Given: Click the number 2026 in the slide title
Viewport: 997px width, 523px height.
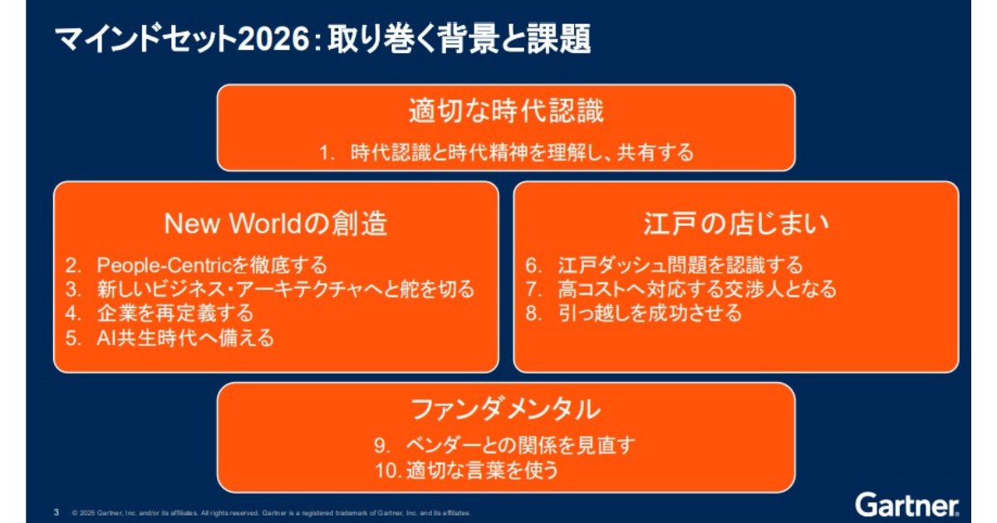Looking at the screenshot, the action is pyautogui.click(x=273, y=39).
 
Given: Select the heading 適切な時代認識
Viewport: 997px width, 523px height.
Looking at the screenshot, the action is pyautogui.click(x=506, y=110).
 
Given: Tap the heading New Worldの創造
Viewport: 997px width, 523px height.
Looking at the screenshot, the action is pyautogui.click(x=276, y=223).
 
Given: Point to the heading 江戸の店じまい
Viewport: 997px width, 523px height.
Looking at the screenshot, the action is pyautogui.click(x=736, y=223).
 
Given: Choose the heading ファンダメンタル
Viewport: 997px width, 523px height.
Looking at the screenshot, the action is pyautogui.click(x=506, y=409).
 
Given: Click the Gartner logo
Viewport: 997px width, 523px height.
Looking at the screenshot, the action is pyautogui.click(x=906, y=506).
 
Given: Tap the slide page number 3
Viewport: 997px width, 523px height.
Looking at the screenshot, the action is pyautogui.click(x=56, y=512).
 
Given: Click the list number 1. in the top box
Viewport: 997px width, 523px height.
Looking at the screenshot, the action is pyautogui.click(x=327, y=154).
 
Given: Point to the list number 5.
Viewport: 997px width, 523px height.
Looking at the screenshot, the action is pyautogui.click(x=73, y=339).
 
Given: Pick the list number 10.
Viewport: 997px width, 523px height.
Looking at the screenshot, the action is pyautogui.click(x=389, y=471).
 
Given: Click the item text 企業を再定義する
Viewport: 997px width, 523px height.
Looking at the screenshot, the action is pyautogui.click(x=175, y=314).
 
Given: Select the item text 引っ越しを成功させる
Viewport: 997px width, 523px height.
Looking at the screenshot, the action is pyautogui.click(x=650, y=314).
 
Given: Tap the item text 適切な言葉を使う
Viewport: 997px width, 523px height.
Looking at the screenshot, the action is pyautogui.click(x=482, y=471).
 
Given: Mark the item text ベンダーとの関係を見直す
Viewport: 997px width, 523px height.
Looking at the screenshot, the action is pyautogui.click(x=520, y=446).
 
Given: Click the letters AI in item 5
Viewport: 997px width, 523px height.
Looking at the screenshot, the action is pyautogui.click(x=106, y=339).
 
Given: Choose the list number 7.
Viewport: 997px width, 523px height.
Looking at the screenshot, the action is pyautogui.click(x=533, y=290).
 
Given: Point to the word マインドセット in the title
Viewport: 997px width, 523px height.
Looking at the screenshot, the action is pyautogui.click(x=145, y=39).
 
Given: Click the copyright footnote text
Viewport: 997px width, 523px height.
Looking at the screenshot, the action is pyautogui.click(x=271, y=513).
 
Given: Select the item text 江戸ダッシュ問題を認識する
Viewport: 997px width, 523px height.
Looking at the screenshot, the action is pyautogui.click(x=680, y=266).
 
